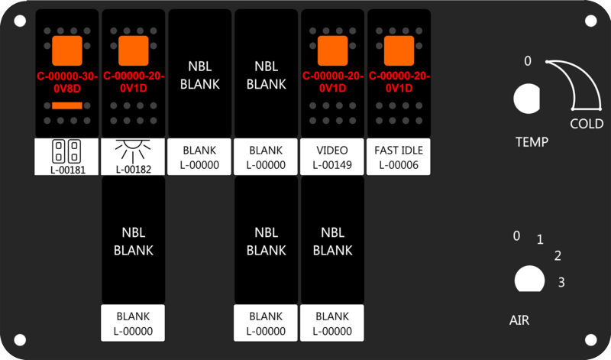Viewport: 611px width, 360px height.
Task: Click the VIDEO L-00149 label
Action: click(x=332, y=157)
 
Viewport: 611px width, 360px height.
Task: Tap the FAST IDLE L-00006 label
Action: click(x=399, y=157)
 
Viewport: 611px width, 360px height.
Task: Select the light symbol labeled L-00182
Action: click(x=133, y=150)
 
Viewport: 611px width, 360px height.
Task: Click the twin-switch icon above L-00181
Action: click(x=66, y=151)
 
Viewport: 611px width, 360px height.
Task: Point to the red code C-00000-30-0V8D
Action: click(x=67, y=83)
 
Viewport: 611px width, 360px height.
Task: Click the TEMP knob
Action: click(x=527, y=99)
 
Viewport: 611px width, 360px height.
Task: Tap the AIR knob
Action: click(x=529, y=279)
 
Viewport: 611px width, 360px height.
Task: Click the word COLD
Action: click(x=587, y=124)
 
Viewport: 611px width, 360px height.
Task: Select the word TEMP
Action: click(x=532, y=142)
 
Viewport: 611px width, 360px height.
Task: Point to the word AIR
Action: click(x=519, y=320)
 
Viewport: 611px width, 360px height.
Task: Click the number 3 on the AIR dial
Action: click(x=561, y=282)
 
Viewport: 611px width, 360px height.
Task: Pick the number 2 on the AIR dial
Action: click(x=558, y=255)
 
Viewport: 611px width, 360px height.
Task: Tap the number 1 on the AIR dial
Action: click(x=540, y=239)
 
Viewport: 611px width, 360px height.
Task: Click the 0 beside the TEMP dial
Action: click(x=527, y=61)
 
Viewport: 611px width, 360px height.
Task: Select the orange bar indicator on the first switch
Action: click(x=67, y=105)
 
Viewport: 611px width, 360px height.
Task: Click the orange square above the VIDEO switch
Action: click(x=332, y=50)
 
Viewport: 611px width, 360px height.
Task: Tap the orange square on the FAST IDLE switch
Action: click(x=399, y=50)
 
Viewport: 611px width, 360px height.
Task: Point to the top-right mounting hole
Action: click(x=590, y=21)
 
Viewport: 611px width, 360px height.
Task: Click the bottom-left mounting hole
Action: click(x=20, y=339)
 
